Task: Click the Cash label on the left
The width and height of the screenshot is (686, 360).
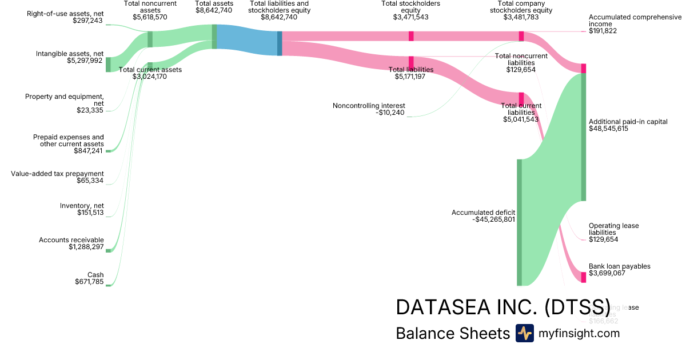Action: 95,275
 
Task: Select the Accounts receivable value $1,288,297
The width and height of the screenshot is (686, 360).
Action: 86,247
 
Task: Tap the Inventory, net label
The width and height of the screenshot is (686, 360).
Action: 82,206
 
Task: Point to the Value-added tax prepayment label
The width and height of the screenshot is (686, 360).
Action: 57,174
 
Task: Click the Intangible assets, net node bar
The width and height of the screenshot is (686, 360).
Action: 108,65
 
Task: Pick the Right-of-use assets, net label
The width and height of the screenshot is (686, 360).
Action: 65,13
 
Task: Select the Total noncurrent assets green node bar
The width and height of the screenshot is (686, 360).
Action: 150,39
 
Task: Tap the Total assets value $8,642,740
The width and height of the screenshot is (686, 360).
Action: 214,10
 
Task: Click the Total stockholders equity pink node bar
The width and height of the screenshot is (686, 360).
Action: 411,36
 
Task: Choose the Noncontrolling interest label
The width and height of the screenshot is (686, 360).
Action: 369,106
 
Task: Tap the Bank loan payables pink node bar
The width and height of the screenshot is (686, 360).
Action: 584,277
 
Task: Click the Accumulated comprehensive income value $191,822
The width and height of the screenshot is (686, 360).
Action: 603,31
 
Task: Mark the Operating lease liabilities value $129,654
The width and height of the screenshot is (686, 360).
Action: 603,239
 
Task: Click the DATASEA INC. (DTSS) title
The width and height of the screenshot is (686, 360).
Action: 503,307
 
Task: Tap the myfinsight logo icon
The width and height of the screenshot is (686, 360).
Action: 524,333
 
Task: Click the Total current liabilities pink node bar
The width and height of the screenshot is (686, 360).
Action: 521,99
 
